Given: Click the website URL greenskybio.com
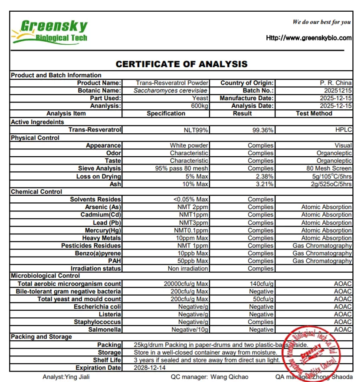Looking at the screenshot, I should tap(308, 38).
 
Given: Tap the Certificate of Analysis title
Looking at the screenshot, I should tap(181, 64).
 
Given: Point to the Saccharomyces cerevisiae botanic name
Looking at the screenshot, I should tap(171, 90).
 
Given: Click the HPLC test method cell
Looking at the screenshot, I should tap(343, 130).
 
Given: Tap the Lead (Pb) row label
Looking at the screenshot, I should tap(107, 223).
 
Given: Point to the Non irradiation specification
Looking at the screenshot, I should tap(188, 269).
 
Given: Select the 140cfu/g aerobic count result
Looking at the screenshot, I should tap(262, 284).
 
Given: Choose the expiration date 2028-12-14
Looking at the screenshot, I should tap(150, 368).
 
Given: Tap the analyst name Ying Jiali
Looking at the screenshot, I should tap(60, 377).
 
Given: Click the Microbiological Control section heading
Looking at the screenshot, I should tap(46, 276).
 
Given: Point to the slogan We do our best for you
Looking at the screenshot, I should tap(322, 22).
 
